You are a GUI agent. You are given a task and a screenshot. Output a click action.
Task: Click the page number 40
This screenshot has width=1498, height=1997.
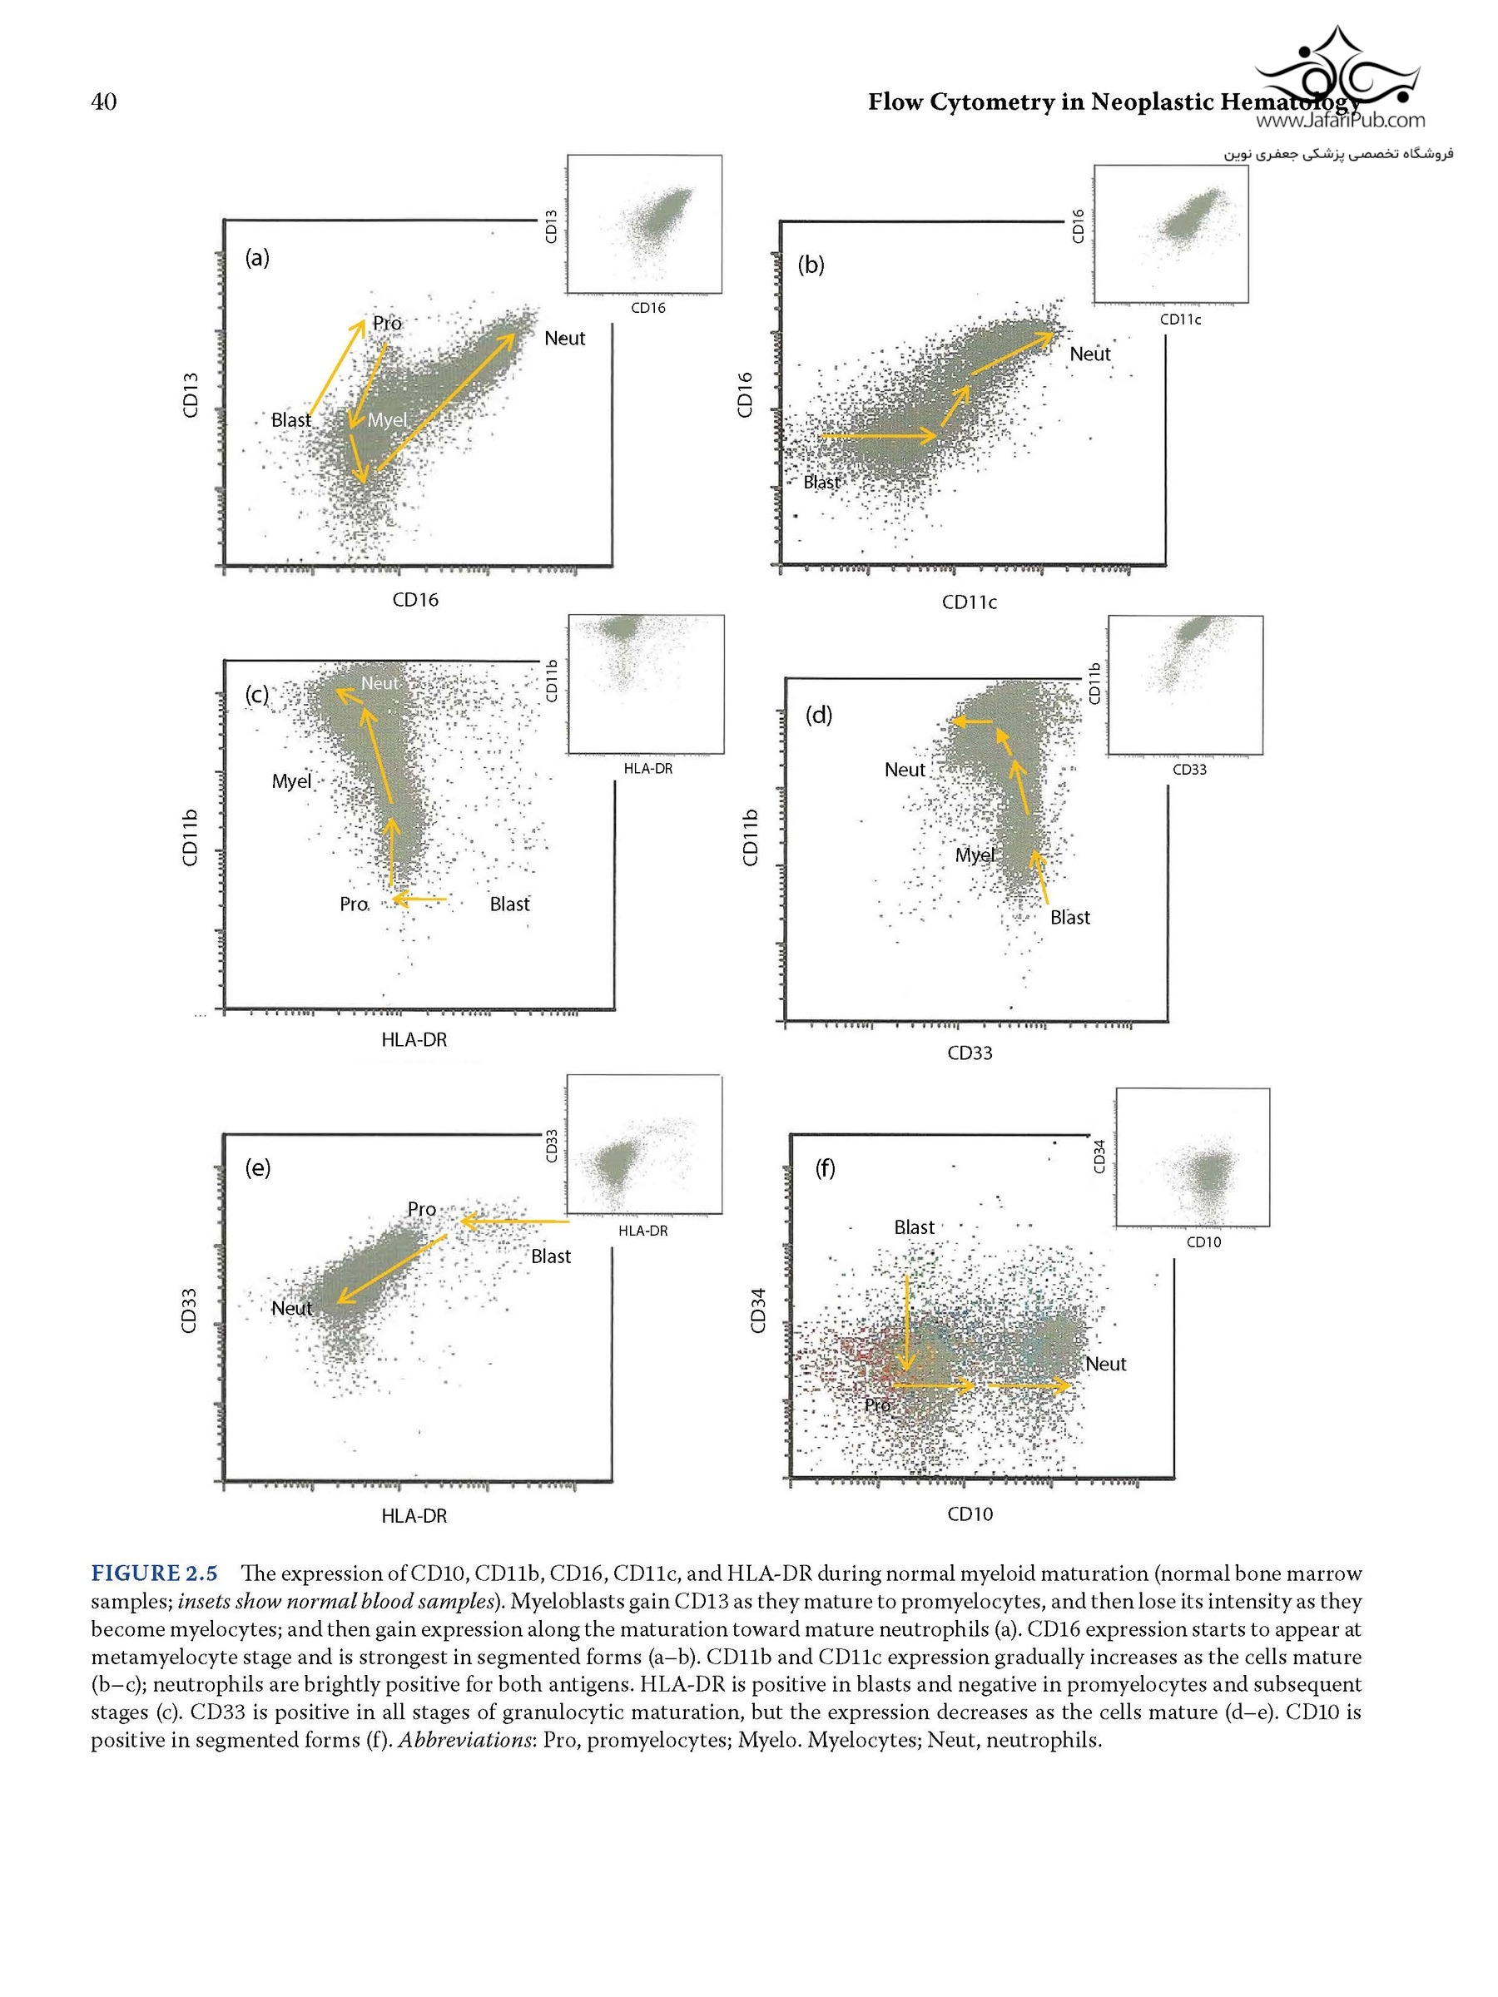pos(104,102)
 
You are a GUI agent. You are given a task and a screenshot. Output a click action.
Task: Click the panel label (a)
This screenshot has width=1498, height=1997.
pos(257,258)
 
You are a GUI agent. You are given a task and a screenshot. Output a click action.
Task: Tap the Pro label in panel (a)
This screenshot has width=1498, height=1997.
pos(387,323)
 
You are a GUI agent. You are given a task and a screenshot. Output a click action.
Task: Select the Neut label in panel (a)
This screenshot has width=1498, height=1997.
pos(564,339)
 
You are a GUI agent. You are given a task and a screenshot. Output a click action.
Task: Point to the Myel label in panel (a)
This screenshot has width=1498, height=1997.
pos(387,420)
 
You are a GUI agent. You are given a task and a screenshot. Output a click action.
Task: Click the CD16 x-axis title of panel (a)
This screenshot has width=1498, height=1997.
pos(415,599)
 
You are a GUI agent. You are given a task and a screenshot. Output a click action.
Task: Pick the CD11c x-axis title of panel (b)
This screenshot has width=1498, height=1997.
pos(969,602)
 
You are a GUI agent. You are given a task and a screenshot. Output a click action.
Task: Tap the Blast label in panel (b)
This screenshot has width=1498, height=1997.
pos(821,482)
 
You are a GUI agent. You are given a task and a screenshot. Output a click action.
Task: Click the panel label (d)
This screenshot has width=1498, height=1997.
pos(818,716)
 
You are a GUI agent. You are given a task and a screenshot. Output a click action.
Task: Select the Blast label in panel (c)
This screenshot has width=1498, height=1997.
pos(509,904)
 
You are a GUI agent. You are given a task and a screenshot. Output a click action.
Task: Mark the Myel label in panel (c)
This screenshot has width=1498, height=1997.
pos(291,781)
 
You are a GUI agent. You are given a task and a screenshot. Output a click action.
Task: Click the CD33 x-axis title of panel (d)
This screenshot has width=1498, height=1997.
pos(970,1053)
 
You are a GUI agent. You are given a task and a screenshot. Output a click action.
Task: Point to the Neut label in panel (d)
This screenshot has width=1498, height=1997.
pos(905,770)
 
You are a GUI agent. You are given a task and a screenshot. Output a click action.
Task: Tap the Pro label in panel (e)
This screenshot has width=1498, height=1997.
pos(422,1209)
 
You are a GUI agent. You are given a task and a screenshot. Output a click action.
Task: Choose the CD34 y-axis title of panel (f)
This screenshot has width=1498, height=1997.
pos(758,1310)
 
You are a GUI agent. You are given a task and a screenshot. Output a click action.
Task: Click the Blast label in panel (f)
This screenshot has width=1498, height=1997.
pos(914,1227)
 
